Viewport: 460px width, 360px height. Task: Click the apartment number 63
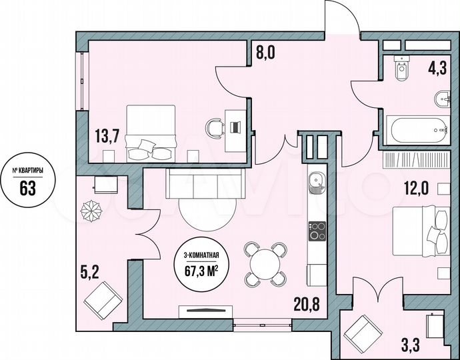click(27, 188)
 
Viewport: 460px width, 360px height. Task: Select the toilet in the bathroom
click(402, 68)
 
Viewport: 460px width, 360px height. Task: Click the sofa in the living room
click(198, 182)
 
